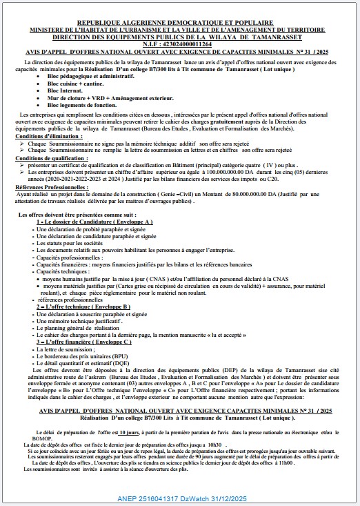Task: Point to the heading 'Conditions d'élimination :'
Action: pyautogui.click(x=43, y=137)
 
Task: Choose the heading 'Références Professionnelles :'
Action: pyautogui.click(x=48, y=187)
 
